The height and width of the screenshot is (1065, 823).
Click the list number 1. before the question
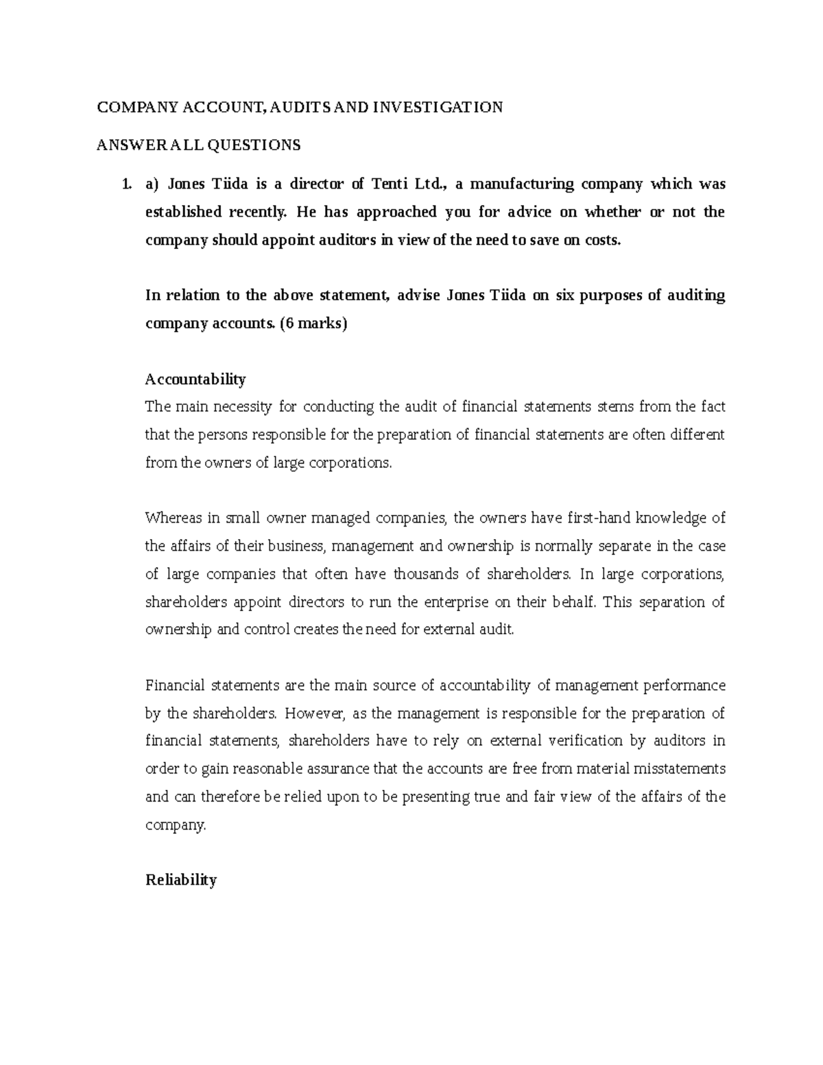[125, 184]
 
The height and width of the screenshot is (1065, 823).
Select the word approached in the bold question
[392, 212]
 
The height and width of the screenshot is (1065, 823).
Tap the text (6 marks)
[314, 324]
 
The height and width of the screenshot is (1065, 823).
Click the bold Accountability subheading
[195, 379]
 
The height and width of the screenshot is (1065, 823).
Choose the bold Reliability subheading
[181, 880]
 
